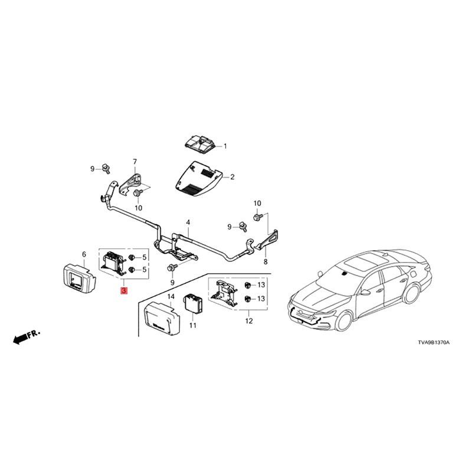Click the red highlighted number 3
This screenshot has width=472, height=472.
123,291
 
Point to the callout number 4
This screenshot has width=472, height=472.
188,222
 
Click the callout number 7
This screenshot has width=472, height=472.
135,161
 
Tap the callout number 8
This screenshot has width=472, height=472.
265,262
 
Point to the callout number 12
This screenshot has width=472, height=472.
249,321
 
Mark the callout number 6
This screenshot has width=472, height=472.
84,254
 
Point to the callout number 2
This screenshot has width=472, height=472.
232,176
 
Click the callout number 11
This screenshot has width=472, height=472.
192,325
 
